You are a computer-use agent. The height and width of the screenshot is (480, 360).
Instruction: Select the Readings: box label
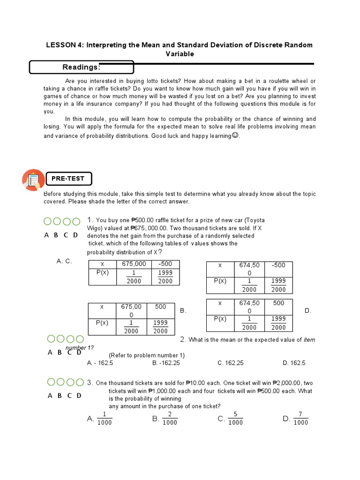coord(81,67)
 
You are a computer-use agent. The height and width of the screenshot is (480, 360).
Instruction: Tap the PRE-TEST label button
coord(68,179)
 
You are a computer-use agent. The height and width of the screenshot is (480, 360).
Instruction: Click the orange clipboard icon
coord(33,180)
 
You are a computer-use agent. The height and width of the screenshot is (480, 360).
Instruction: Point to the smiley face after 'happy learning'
coord(235,135)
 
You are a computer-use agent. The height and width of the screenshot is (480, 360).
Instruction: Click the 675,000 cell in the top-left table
coord(134,264)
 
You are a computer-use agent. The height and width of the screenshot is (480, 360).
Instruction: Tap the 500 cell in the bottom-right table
coord(278,303)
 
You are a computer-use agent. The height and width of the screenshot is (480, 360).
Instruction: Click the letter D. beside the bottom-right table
coord(308,311)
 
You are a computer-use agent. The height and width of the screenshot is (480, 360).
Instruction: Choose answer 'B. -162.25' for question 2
coord(166,363)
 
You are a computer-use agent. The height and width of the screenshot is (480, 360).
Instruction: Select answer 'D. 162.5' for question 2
coord(294,363)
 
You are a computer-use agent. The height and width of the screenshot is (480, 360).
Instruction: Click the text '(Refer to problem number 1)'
coord(147,355)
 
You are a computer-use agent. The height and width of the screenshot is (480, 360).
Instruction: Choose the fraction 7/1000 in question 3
coord(300,419)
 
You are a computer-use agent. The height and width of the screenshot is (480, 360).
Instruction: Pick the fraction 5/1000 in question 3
coord(235,419)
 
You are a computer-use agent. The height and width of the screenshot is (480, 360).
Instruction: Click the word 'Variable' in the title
coord(180,54)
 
